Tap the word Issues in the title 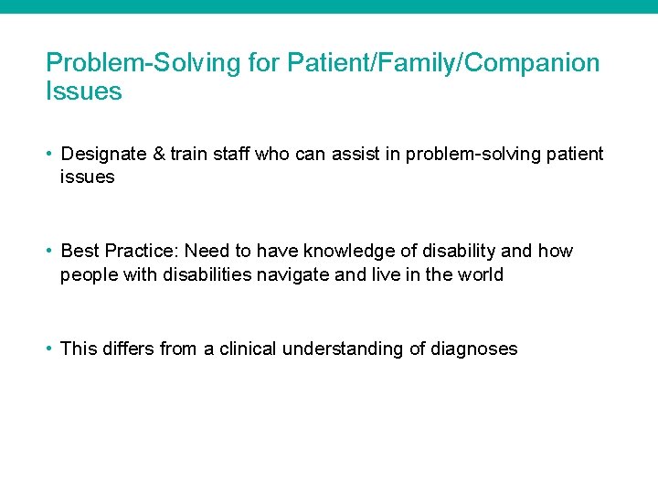click(83, 91)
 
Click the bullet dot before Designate click(50, 155)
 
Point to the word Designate click(99, 154)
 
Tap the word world click(480, 274)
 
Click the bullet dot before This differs click(50, 349)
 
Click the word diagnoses click(475, 349)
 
